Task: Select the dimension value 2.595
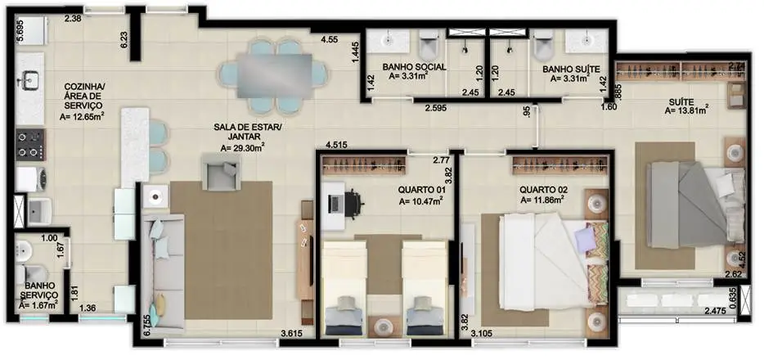pos(439,107)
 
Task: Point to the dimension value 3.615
pos(294,333)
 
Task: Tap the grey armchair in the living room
pos(221,174)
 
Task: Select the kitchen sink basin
pos(31,79)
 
